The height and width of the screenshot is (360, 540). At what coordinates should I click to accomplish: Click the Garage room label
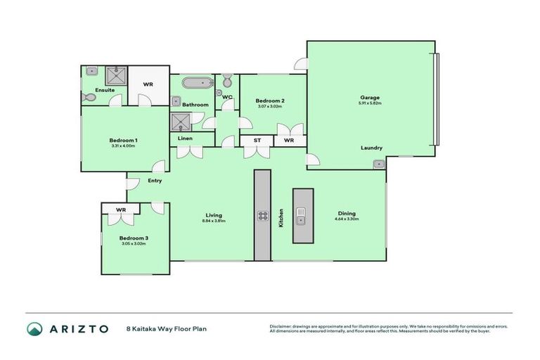(371, 98)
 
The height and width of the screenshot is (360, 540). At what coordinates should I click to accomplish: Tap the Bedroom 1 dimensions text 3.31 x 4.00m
(123, 146)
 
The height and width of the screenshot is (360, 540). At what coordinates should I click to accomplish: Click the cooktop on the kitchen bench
(262, 216)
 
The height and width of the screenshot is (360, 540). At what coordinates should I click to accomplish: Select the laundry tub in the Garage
(379, 164)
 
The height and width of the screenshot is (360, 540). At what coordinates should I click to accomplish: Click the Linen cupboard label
(185, 139)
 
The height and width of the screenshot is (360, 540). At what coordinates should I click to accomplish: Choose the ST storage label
(257, 141)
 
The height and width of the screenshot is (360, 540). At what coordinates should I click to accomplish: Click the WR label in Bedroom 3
(121, 210)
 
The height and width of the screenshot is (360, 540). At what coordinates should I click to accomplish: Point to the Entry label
(155, 181)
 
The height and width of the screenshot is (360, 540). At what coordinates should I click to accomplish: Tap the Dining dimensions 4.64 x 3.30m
(347, 219)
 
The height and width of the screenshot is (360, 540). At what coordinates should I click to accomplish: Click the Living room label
(214, 214)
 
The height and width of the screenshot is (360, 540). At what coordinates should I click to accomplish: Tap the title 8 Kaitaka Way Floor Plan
(166, 328)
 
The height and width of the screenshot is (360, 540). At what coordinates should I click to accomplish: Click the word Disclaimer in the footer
(282, 326)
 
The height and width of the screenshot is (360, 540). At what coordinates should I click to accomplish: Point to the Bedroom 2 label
(270, 101)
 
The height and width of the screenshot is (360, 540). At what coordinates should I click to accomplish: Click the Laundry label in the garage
(371, 148)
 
